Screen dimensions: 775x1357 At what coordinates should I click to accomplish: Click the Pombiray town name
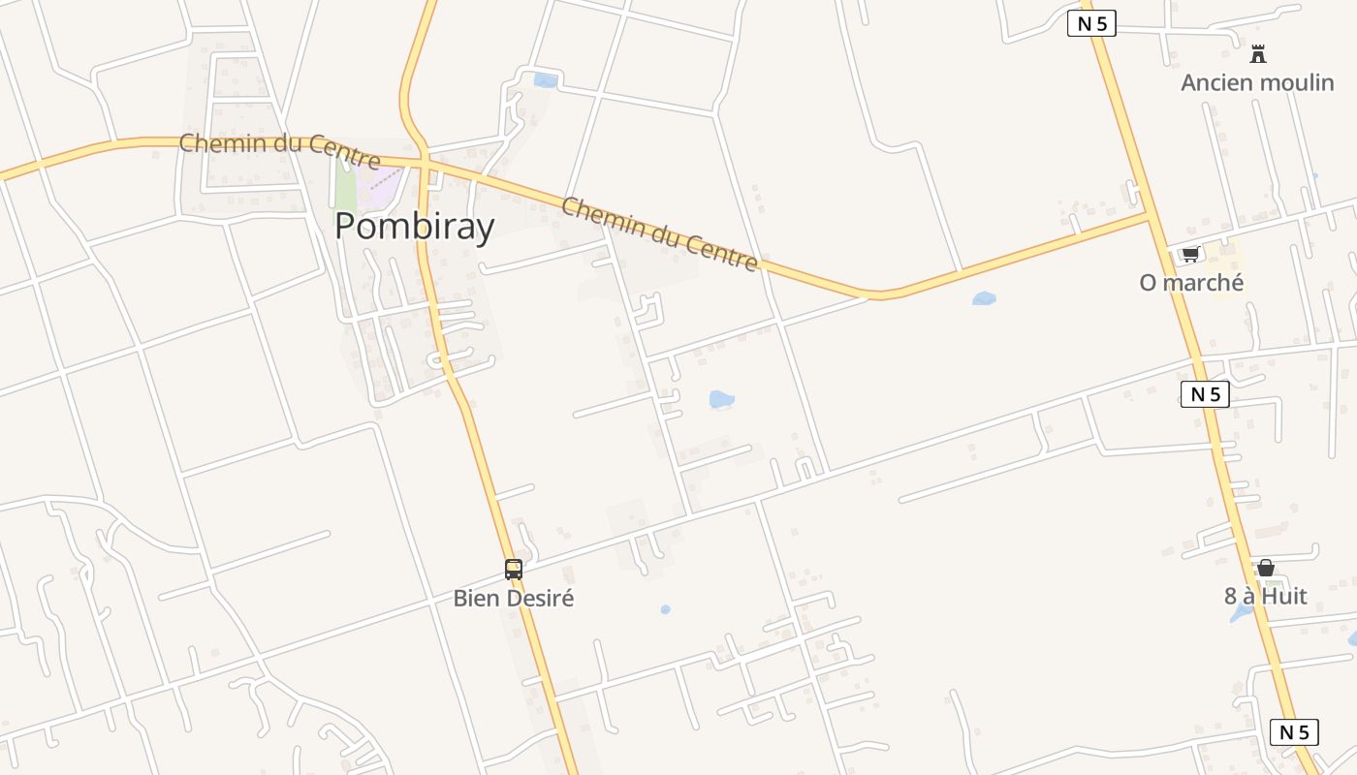(414, 226)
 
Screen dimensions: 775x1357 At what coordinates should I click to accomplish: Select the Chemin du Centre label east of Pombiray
(659, 233)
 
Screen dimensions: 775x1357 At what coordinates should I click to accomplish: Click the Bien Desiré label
(513, 598)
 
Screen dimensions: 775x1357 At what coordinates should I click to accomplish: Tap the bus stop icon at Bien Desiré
(513, 570)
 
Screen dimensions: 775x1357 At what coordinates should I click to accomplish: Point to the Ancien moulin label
(1257, 82)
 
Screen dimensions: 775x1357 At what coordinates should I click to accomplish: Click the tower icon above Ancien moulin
(1258, 54)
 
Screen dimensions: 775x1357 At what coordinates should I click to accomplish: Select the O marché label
(1191, 282)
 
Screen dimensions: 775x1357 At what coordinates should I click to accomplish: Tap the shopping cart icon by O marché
(1190, 254)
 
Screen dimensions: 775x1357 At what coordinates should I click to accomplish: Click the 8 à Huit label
(1265, 596)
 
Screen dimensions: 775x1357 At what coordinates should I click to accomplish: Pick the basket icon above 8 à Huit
(1265, 568)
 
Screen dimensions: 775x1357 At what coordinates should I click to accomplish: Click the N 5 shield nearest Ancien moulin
(1091, 23)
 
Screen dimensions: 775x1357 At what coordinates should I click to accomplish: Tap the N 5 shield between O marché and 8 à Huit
(1205, 394)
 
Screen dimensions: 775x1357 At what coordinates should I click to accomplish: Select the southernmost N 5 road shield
(1294, 731)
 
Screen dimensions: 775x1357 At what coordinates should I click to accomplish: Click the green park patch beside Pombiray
(344, 184)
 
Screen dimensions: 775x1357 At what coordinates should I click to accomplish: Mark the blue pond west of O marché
(984, 298)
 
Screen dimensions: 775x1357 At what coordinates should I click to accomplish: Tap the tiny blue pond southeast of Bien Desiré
(665, 609)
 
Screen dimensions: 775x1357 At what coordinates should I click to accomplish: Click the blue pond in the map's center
(721, 399)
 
